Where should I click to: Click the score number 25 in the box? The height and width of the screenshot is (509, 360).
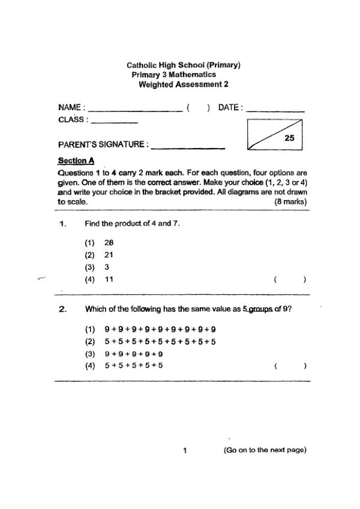(289, 138)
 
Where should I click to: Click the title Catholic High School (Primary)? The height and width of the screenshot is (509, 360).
(184, 65)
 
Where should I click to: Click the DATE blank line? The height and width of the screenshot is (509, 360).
(275, 112)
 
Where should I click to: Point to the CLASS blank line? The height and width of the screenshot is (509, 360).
(114, 122)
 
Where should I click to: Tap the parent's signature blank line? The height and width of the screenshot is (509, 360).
(188, 148)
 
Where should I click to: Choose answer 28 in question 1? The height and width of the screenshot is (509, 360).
(109, 243)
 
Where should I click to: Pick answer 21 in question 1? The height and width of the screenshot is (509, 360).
(109, 255)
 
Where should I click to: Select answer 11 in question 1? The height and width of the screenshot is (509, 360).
(109, 279)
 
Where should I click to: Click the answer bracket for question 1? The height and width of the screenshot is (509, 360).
(290, 279)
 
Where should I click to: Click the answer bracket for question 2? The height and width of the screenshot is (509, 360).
(290, 365)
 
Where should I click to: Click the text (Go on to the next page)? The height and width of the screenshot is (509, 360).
(265, 450)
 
